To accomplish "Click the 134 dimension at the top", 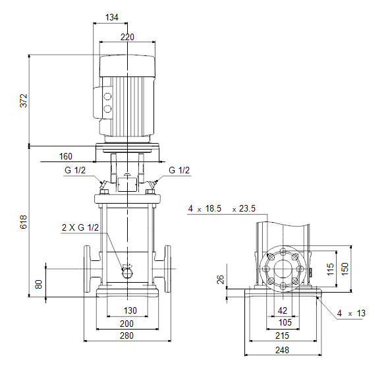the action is (x=112, y=17).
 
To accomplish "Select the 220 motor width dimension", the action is (x=127, y=37).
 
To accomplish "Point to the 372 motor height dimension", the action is (x=23, y=101).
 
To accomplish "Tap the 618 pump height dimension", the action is (x=23, y=221).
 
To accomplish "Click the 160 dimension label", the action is (x=66, y=156).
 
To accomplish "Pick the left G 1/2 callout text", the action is (x=75, y=170).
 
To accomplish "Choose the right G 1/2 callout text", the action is (x=179, y=170).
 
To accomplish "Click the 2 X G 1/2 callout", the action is (x=80, y=227).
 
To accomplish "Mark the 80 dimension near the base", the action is (x=39, y=284).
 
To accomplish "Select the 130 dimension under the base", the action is (x=130, y=310).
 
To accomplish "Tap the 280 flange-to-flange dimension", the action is (x=127, y=335).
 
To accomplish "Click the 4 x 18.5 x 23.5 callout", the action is (x=222, y=208).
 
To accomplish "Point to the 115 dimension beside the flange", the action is (x=330, y=269).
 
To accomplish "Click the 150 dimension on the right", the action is (x=345, y=269).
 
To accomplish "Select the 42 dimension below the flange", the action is (x=283, y=310).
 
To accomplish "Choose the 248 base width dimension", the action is (x=283, y=350).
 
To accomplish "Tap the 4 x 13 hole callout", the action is (x=351, y=313).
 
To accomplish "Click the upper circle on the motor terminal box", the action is (x=107, y=96).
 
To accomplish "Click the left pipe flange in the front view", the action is (x=87, y=269).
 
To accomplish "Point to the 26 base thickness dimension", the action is (x=221, y=279).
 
